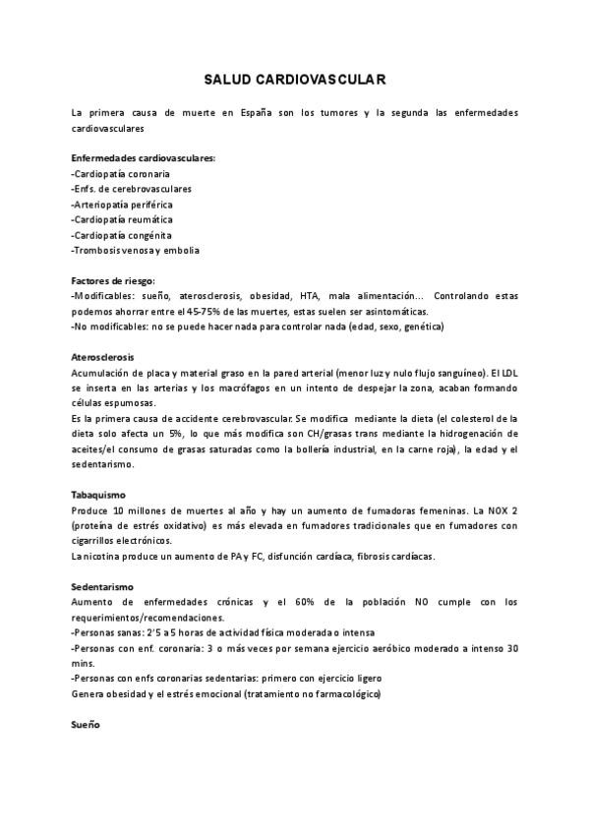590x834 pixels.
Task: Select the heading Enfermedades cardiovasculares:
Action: (x=144, y=158)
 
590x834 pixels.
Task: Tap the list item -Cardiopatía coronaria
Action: (x=120, y=173)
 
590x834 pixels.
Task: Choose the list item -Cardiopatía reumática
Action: (x=122, y=219)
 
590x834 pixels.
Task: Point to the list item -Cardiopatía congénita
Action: (x=121, y=235)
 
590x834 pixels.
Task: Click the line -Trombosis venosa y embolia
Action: (x=136, y=250)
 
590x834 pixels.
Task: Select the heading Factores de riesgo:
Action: (x=114, y=280)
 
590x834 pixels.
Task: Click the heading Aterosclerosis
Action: (x=103, y=357)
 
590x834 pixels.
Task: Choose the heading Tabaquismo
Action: (x=98, y=495)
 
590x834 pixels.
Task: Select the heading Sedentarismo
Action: (x=101, y=586)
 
